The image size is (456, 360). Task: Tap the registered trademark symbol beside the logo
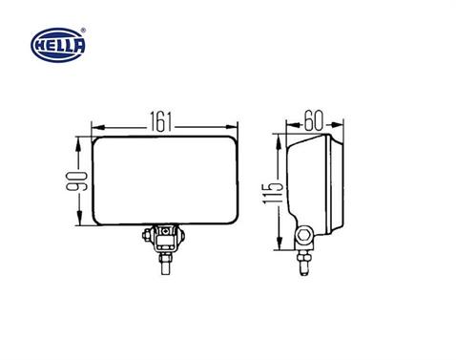coord(92,32)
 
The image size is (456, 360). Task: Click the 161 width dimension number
coord(163,123)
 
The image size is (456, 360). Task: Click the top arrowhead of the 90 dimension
coord(78,140)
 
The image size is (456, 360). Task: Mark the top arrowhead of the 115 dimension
coord(277,140)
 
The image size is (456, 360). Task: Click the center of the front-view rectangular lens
coord(163,180)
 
